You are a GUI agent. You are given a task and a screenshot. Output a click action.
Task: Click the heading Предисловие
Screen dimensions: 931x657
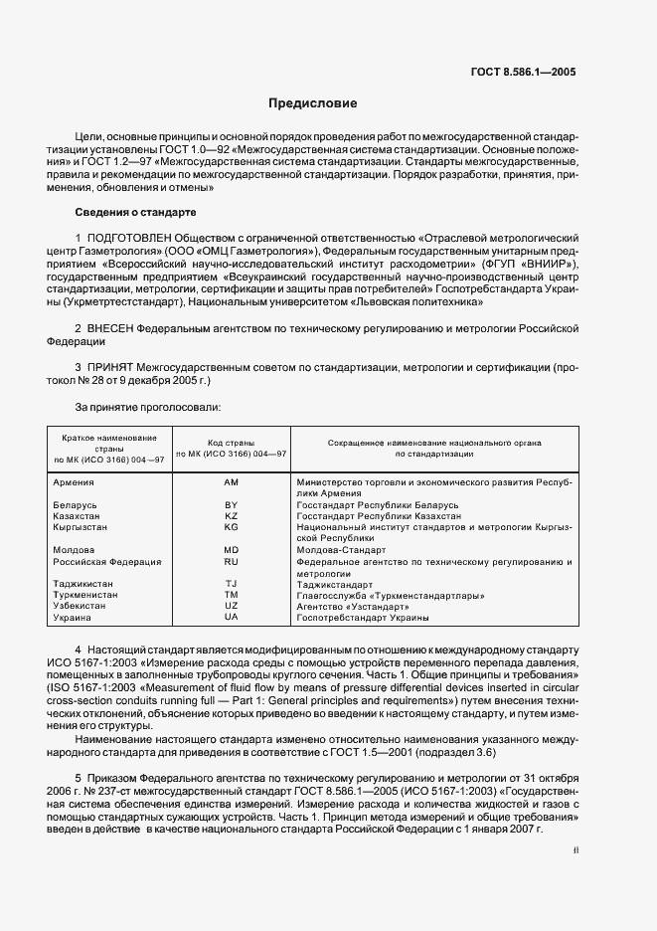313,103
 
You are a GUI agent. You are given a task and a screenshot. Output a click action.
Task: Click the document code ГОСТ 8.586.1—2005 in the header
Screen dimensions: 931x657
523,72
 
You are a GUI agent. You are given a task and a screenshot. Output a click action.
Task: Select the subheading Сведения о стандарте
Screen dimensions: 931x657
135,212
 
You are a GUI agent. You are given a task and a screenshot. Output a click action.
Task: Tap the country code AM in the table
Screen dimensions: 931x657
232,482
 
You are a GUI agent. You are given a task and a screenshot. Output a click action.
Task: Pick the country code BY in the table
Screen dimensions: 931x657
232,505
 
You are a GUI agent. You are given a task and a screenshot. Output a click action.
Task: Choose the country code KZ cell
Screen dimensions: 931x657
232,516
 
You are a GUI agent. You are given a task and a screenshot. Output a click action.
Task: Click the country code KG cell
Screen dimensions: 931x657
232,527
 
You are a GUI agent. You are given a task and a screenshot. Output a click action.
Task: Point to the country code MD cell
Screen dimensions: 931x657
232,550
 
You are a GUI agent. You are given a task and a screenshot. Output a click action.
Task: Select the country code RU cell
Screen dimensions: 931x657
232,561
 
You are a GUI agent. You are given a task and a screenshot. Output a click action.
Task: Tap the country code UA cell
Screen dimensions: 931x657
232,618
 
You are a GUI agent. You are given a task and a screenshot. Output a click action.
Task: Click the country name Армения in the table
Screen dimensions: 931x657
74,482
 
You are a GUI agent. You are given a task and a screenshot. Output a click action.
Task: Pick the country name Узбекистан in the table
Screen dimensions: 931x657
80,606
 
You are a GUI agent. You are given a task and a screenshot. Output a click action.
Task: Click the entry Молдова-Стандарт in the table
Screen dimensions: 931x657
341,550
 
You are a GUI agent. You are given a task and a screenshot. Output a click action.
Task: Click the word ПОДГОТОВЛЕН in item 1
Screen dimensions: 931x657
128,239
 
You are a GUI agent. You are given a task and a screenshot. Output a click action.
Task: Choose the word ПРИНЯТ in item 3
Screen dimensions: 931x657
110,368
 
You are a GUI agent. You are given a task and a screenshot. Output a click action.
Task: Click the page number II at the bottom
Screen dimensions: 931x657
575,850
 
